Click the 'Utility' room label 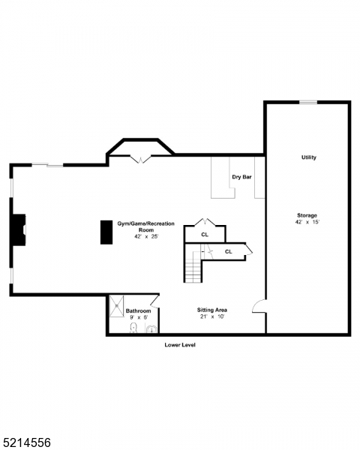(x=308, y=157)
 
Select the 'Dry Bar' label (x=241, y=177)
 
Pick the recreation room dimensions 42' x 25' (x=137, y=237)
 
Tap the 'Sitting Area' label (x=212, y=310)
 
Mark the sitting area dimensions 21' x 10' (x=212, y=317)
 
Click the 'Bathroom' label (x=138, y=310)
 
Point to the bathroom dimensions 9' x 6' (x=138, y=318)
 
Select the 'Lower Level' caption (x=180, y=345)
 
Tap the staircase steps (x=194, y=268)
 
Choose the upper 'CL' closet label (x=205, y=235)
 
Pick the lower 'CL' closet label (x=228, y=252)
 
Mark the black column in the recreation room (x=106, y=232)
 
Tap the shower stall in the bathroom (x=117, y=307)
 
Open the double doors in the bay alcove (x=140, y=158)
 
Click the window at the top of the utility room (x=307, y=102)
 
